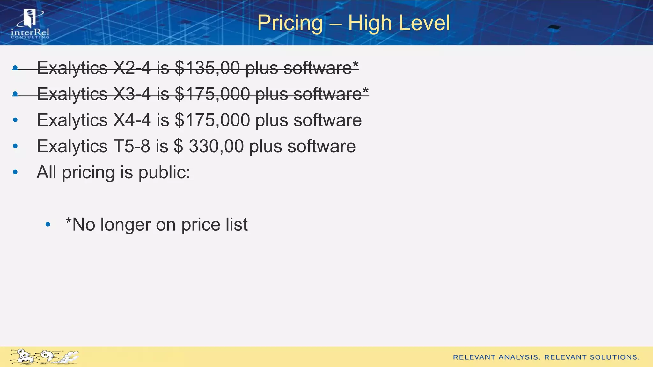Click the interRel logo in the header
(30, 24)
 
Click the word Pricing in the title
(290, 23)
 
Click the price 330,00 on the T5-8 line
(216, 146)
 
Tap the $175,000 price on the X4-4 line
(212, 120)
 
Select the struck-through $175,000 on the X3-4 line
(212, 94)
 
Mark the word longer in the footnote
(126, 225)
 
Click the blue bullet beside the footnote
(48, 225)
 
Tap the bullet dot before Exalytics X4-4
(15, 120)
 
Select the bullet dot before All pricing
(15, 172)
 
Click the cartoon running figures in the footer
(44, 356)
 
